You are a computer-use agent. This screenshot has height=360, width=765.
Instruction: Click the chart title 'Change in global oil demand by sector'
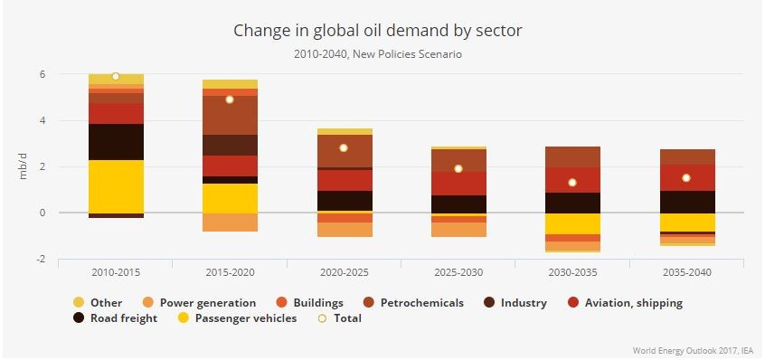(378, 30)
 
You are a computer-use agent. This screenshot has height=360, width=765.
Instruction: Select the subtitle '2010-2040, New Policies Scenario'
(378, 54)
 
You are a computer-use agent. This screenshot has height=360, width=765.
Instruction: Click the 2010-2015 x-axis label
(115, 271)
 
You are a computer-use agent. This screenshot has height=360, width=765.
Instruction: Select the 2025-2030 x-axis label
(458, 271)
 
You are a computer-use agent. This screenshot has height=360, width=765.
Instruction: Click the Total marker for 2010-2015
(116, 76)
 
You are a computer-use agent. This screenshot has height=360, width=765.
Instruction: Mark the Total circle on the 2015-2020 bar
(230, 99)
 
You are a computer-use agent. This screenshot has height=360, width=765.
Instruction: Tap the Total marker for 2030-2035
(572, 183)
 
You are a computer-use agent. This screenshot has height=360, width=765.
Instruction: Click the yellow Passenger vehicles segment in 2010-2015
(116, 186)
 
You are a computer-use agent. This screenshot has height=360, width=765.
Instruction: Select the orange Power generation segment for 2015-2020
(230, 223)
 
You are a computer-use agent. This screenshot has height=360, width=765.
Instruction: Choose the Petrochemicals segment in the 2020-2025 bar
(344, 150)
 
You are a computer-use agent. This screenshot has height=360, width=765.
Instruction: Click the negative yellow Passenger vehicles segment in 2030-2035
(572, 223)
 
